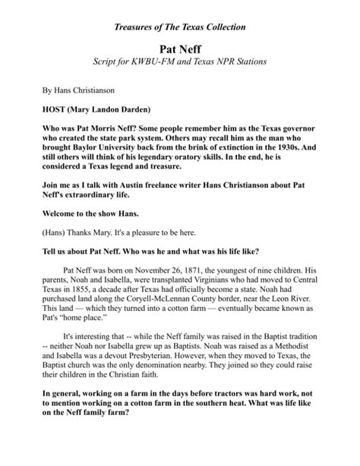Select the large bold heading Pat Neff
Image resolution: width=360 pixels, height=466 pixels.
(180, 48)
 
